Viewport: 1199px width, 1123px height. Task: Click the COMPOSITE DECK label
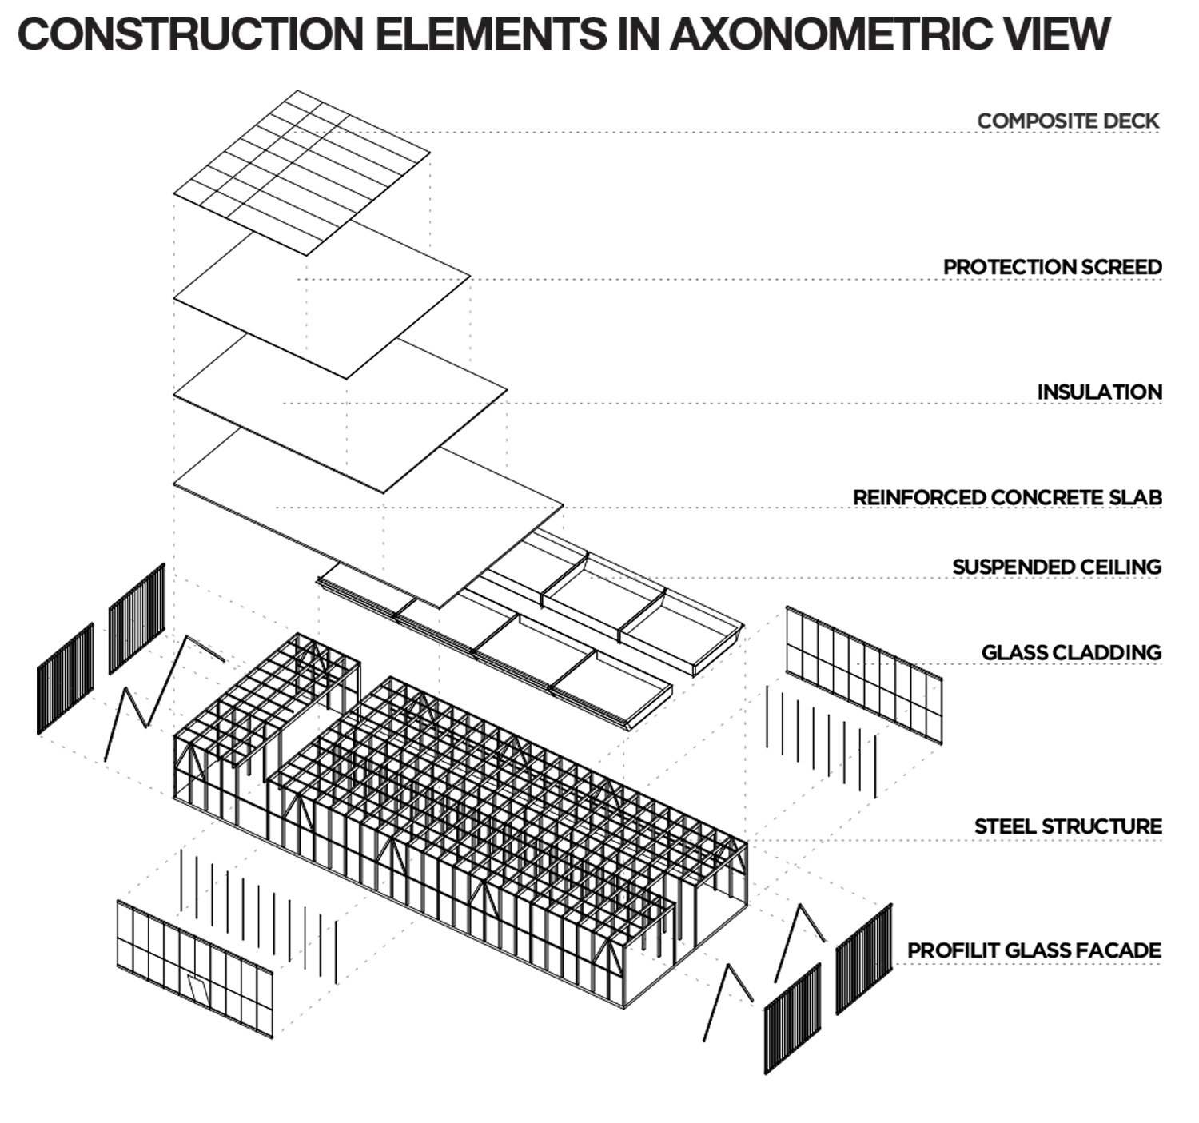(1068, 121)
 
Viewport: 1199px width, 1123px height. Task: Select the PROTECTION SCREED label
(1052, 267)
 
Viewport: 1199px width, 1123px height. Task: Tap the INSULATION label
(1099, 392)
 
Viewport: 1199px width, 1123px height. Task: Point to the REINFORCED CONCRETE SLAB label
(1007, 497)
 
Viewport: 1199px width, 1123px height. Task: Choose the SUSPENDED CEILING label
(1056, 567)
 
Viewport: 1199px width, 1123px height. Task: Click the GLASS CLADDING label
(1071, 652)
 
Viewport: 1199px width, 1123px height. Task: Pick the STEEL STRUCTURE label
(1068, 826)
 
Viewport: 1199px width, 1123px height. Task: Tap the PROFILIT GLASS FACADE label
(1034, 950)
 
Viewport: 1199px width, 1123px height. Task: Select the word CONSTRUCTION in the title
(188, 34)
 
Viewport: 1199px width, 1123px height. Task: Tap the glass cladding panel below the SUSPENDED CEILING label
(863, 676)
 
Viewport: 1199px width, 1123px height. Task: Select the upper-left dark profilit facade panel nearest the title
(137, 617)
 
